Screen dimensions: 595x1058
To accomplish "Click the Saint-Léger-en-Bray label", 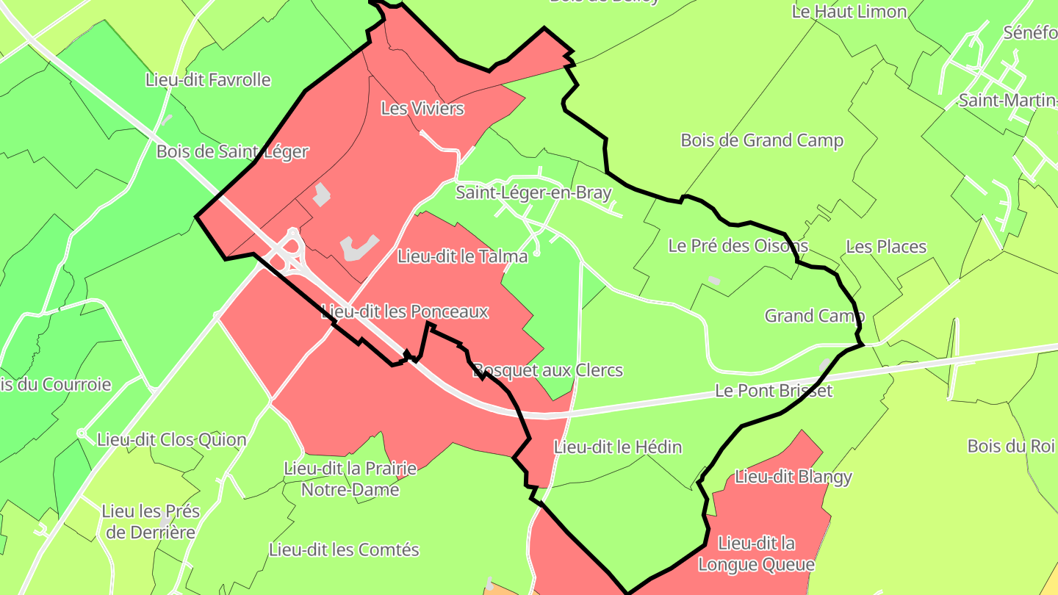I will click(533, 193).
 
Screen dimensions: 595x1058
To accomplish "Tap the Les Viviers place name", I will click(422, 109).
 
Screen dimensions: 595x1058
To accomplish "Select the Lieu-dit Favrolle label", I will click(208, 79).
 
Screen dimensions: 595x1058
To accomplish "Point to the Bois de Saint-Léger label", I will click(232, 151).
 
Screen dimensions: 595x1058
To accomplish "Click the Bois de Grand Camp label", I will click(762, 140).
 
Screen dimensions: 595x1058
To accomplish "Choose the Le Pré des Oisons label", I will click(738, 246).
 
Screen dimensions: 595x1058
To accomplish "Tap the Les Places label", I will click(886, 247).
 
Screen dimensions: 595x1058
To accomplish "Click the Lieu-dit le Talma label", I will click(462, 256).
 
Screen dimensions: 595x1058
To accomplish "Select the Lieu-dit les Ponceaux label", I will click(405, 311).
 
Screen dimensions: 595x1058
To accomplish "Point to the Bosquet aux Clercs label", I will click(547, 370).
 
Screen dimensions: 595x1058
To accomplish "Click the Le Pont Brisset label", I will click(774, 390).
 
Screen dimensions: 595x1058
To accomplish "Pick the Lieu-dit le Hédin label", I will click(618, 447).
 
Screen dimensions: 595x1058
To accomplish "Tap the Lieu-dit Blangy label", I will click(794, 477).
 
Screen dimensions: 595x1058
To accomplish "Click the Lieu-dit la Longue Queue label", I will click(756, 554).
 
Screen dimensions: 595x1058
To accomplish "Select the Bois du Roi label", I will click(1010, 446).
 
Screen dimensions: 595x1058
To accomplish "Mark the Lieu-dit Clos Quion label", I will click(172, 440).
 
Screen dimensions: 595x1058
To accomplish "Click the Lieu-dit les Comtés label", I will click(344, 549).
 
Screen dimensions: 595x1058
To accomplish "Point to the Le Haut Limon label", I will click(849, 12).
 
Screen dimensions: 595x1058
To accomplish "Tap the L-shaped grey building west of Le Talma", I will click(359, 248).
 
